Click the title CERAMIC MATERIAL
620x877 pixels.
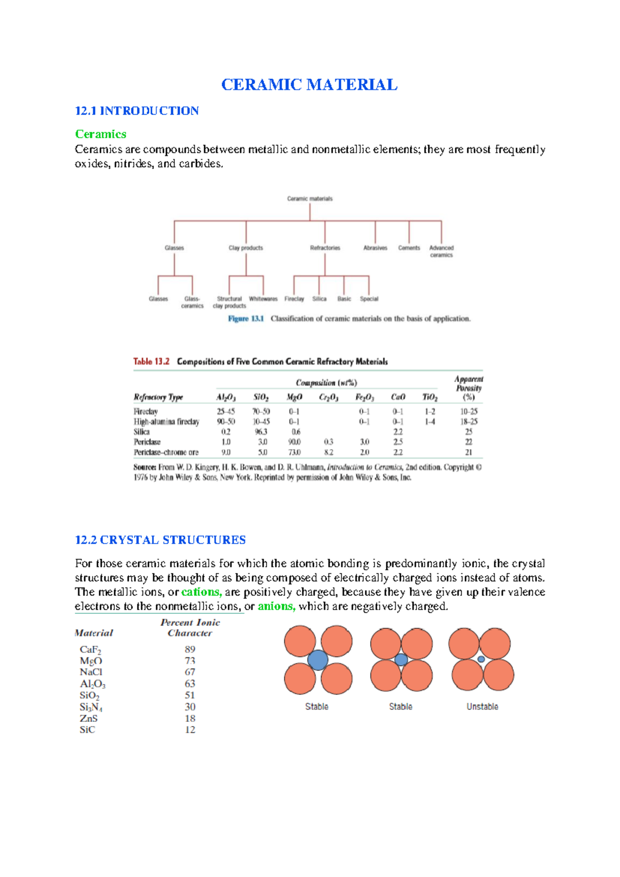coord(309,85)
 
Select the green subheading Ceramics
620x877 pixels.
coord(101,134)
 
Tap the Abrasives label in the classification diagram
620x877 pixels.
coord(375,248)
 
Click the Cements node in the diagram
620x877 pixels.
coord(409,248)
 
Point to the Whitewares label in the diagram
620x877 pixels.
coord(263,299)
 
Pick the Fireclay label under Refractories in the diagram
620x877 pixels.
coord(294,299)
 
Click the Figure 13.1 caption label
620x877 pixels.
coord(246,319)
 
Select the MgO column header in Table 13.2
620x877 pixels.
coord(294,397)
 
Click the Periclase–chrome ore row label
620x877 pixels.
coord(166,452)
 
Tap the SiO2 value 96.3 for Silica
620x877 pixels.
coord(261,432)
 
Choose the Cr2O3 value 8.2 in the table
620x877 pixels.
coord(329,452)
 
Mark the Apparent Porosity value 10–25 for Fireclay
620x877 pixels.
coord(469,412)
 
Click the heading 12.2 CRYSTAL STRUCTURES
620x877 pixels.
coord(160,540)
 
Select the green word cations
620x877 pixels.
coord(202,592)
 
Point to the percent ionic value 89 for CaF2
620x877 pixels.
coord(190,649)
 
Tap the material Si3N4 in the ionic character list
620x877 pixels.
coord(91,707)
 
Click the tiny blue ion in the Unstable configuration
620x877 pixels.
coord(481,659)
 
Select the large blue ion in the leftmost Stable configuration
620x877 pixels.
coord(318,660)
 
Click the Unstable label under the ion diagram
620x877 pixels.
coord(482,707)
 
